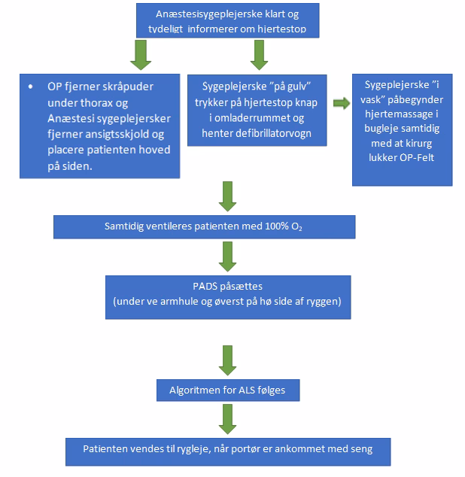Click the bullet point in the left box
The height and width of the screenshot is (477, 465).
pos(30,87)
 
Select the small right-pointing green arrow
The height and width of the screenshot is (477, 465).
pos(341,103)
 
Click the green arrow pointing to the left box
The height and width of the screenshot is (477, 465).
pos(141,53)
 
